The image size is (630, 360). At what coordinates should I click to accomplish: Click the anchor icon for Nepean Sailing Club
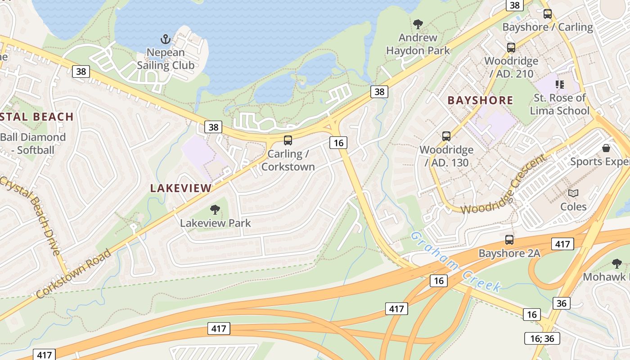pyautogui.click(x=166, y=39)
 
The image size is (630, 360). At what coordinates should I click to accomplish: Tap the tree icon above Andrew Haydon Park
pyautogui.click(x=418, y=24)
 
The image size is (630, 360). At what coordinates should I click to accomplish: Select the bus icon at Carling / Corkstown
pyautogui.click(x=288, y=140)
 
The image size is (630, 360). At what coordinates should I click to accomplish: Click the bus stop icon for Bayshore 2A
pyautogui.click(x=509, y=240)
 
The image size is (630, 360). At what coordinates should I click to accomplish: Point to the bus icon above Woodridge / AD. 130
pyautogui.click(x=446, y=136)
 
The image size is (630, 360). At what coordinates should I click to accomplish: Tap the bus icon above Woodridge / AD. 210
pyautogui.click(x=511, y=47)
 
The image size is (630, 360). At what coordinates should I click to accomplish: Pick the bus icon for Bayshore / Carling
pyautogui.click(x=548, y=13)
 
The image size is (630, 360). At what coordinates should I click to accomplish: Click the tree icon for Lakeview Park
pyautogui.click(x=215, y=209)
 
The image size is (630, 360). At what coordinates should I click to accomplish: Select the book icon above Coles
pyautogui.click(x=573, y=193)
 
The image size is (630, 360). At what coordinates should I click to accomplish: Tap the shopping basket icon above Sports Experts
pyautogui.click(x=606, y=148)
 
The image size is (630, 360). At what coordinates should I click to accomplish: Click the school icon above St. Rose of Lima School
pyautogui.click(x=560, y=84)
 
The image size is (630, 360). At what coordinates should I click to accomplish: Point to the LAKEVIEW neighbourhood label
pyautogui.click(x=181, y=188)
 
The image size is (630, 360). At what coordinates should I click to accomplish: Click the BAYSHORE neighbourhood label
pyautogui.click(x=480, y=100)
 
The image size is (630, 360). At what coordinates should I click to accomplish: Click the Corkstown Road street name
pyautogui.click(x=74, y=273)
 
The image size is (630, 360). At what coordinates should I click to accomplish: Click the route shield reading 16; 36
pyautogui.click(x=542, y=338)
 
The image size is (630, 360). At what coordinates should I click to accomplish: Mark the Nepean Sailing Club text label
pyautogui.click(x=166, y=59)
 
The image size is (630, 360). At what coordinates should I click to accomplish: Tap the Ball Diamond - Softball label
pyautogui.click(x=33, y=144)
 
